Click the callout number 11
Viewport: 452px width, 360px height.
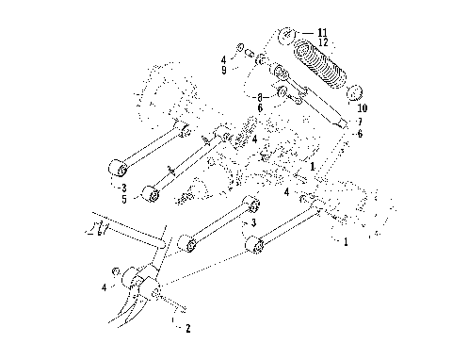tap(323, 32)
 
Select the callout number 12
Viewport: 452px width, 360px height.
tap(323, 41)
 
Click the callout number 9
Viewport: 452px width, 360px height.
tap(224, 70)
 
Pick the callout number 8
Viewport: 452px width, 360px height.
tap(260, 97)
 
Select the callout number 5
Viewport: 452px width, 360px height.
tap(124, 200)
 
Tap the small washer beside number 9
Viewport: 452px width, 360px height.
tap(241, 47)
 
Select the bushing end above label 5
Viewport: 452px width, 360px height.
tap(150, 194)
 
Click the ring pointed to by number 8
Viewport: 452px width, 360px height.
tap(282, 93)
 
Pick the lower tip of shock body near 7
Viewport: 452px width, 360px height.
tap(344, 123)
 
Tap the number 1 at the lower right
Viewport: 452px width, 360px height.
tap(345, 241)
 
